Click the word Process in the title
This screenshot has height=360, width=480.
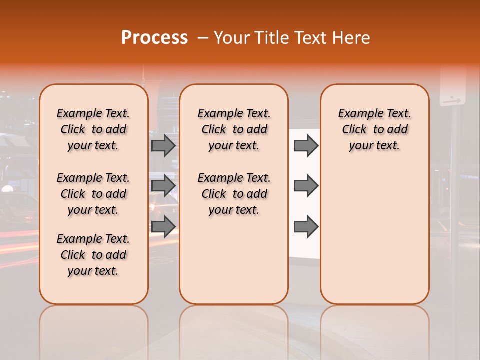click(154, 38)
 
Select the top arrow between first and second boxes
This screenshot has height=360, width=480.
click(163, 145)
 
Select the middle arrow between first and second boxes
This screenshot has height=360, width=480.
click(163, 185)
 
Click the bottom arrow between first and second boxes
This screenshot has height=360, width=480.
click(163, 226)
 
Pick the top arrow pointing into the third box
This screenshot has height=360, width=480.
click(306, 145)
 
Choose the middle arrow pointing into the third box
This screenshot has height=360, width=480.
click(306, 185)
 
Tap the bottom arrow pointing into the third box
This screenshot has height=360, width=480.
click(306, 226)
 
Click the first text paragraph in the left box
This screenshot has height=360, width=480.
click(93, 129)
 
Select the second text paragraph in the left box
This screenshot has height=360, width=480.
click(93, 194)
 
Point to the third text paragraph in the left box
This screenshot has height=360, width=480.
click(93, 255)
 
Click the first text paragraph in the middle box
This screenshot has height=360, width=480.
click(234, 129)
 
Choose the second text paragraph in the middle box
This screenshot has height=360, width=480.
click(234, 194)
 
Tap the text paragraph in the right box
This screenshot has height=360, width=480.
click(374, 129)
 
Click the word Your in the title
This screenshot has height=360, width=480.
click(231, 38)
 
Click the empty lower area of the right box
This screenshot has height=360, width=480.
click(374, 235)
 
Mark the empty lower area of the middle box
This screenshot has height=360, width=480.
click(234, 260)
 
